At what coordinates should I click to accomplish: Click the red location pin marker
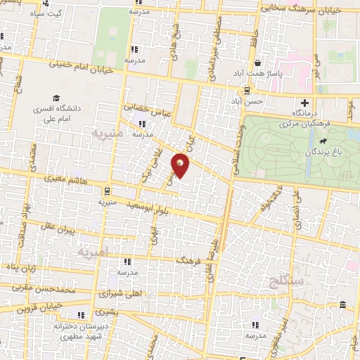tap(181, 166)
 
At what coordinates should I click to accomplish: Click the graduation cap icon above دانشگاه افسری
tap(55, 98)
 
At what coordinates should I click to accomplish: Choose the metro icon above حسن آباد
tap(247, 90)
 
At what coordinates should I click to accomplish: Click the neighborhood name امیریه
tap(94, 251)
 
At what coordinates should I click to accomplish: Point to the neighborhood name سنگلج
tap(265, 282)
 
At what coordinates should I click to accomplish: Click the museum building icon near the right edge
tap(342, 304)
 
